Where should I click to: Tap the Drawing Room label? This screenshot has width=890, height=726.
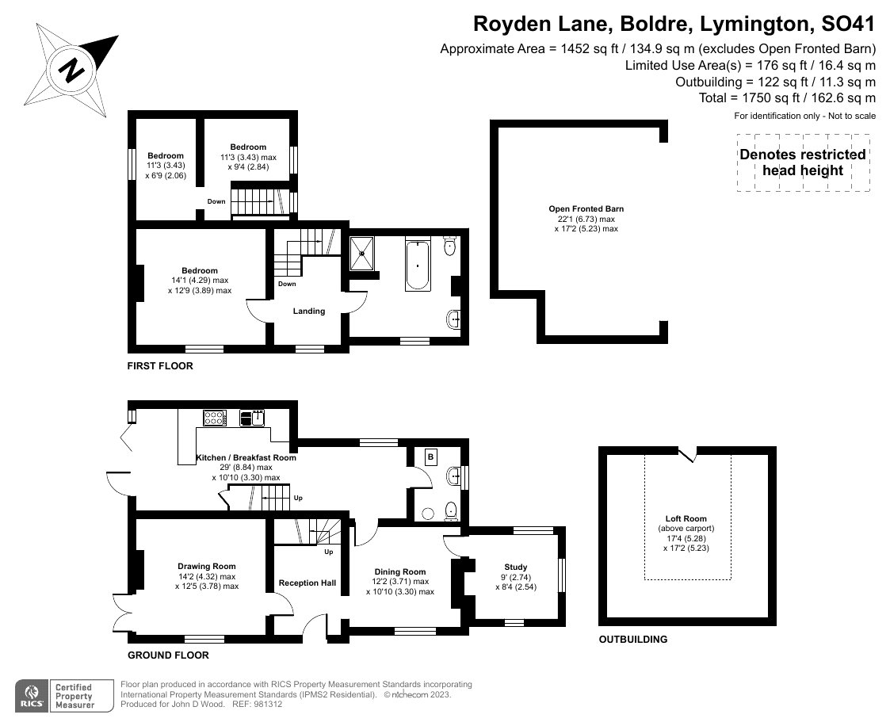pyautogui.click(x=206, y=566)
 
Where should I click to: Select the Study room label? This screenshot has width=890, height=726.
pyautogui.click(x=516, y=567)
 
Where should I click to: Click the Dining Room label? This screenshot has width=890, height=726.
pyautogui.click(x=399, y=571)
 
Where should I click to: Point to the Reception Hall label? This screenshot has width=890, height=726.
pyautogui.click(x=307, y=583)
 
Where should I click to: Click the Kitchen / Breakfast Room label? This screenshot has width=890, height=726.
pyautogui.click(x=246, y=457)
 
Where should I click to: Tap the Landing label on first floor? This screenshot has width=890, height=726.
pyautogui.click(x=309, y=311)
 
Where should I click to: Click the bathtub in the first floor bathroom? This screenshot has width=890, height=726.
pyautogui.click(x=417, y=265)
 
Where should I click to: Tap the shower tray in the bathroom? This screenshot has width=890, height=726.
pyautogui.click(x=365, y=254)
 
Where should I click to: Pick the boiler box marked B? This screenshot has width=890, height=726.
pyautogui.click(x=431, y=457)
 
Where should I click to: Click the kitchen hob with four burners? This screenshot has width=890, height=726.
pyautogui.click(x=216, y=417)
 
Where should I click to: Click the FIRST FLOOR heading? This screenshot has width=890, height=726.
pyautogui.click(x=160, y=366)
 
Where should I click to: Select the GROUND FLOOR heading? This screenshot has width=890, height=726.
pyautogui.click(x=168, y=655)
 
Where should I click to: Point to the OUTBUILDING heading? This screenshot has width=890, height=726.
pyautogui.click(x=633, y=639)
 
